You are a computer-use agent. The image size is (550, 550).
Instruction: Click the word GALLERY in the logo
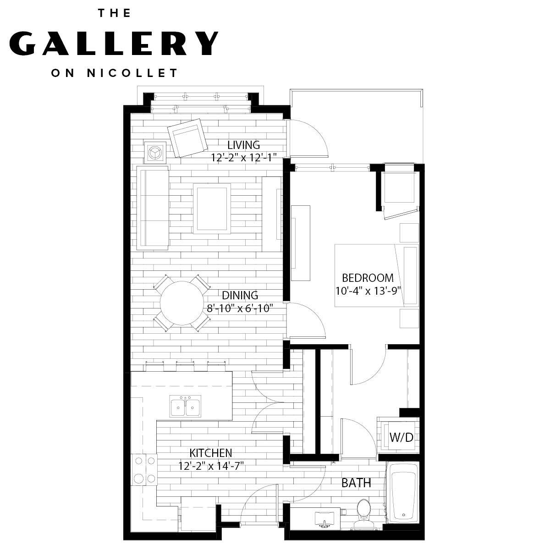pyautogui.click(x=113, y=43)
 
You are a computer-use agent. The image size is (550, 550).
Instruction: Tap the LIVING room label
pyautogui.click(x=243, y=145)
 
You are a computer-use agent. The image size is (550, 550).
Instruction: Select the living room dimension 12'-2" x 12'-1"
pyautogui.click(x=243, y=157)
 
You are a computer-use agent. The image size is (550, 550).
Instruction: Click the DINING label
pyautogui.click(x=240, y=296)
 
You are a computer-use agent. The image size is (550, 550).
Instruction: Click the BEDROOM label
pyautogui.click(x=368, y=278)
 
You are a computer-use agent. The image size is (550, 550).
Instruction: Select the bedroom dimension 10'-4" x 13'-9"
pyautogui.click(x=368, y=290)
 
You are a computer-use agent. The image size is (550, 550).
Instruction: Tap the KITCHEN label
pyautogui.click(x=211, y=453)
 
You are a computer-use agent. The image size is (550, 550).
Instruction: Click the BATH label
pyautogui.click(x=356, y=483)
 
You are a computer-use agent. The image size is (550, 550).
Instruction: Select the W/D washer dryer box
pyautogui.click(x=400, y=437)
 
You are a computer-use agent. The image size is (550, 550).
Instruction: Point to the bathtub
pyautogui.click(x=402, y=493)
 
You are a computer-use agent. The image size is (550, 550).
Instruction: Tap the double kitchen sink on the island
pyautogui.click(x=185, y=407)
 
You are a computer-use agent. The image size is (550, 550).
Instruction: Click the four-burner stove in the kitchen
pyautogui.click(x=144, y=469)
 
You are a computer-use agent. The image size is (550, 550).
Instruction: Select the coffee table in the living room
pyautogui.click(x=211, y=208)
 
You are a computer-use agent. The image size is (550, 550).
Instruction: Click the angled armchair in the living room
pyautogui.click(x=187, y=137)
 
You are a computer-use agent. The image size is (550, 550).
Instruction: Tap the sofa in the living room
pyautogui.click(x=153, y=208)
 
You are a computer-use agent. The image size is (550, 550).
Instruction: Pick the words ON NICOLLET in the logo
pyautogui.click(x=114, y=73)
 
